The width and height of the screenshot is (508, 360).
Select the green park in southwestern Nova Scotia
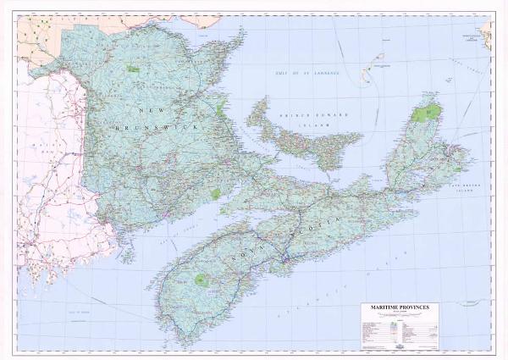pos(202,278)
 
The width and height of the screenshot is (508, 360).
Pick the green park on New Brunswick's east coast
pos(221,108)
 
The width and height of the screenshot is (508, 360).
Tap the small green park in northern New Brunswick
pos(132,68)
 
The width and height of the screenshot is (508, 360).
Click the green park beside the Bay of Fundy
pos(215,194)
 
